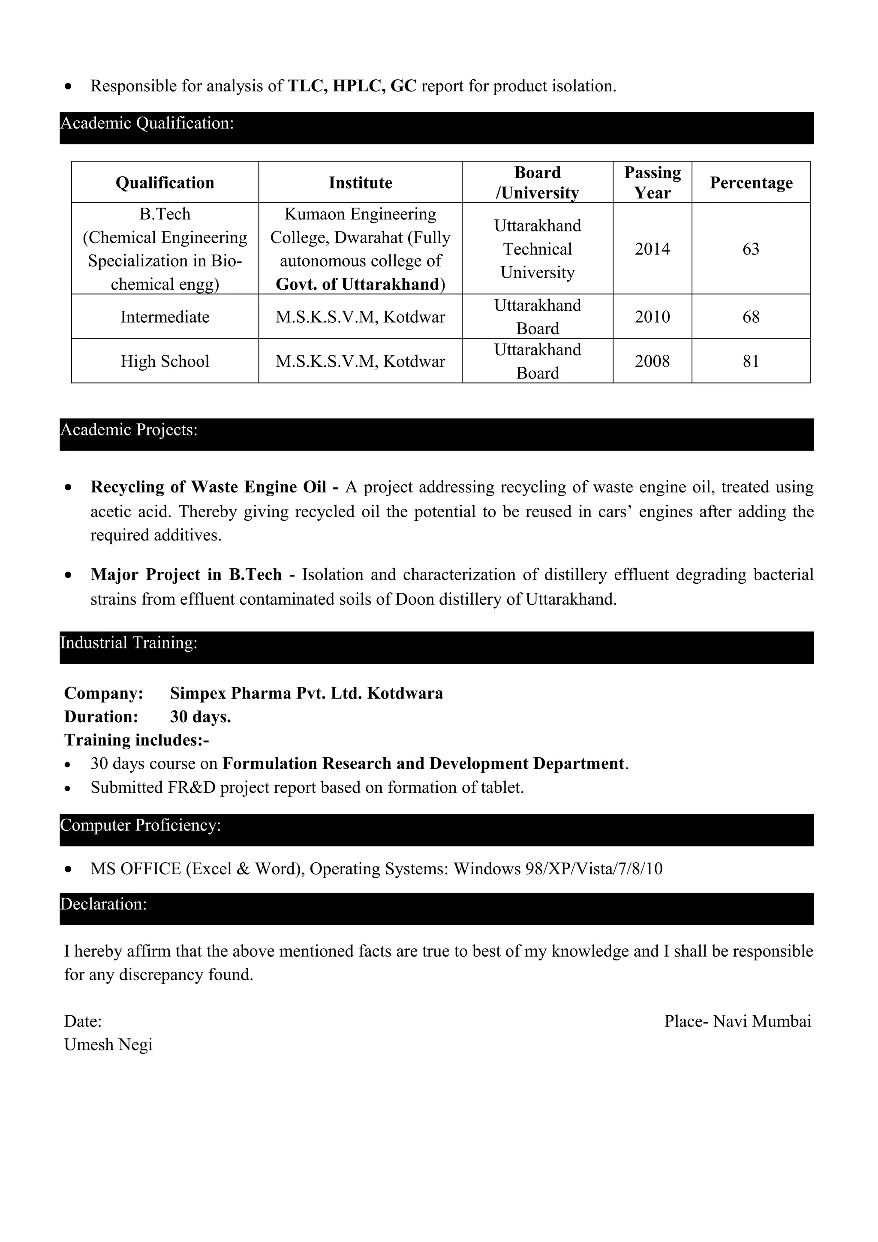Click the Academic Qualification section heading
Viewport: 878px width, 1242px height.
(147, 124)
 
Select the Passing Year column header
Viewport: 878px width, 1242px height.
(652, 182)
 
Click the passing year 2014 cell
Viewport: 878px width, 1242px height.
(652, 249)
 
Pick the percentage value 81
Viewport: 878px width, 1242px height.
(751, 361)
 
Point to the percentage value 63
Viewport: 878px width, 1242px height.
(751, 249)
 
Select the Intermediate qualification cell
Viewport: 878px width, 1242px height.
(165, 317)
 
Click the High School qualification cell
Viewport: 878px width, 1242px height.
(165, 361)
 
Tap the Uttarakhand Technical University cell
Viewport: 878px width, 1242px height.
(537, 249)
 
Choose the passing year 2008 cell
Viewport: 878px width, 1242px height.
(652, 361)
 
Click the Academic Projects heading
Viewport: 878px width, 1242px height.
(129, 430)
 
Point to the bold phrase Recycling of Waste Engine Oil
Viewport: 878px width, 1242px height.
(209, 487)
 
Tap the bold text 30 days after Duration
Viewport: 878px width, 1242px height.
(200, 717)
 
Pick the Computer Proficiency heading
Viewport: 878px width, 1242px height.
(141, 825)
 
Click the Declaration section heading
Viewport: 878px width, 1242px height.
(104, 904)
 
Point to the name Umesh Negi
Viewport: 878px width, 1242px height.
(108, 1044)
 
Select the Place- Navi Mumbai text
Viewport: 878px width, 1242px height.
(737, 1021)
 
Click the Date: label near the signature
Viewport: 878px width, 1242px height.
(83, 1021)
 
